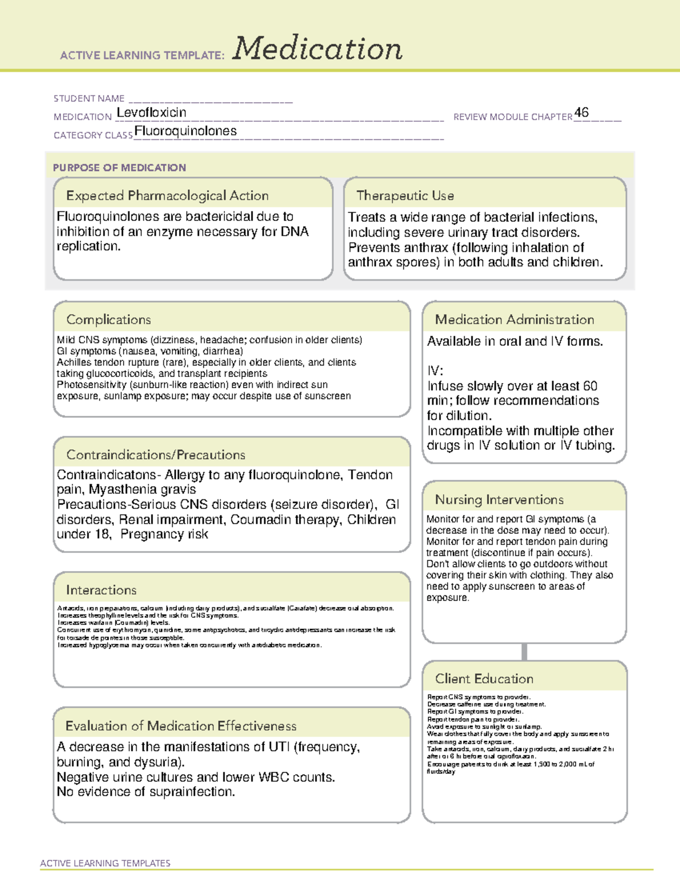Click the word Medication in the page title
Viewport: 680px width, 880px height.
pyautogui.click(x=317, y=49)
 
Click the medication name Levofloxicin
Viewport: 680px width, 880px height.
pyautogui.click(x=151, y=113)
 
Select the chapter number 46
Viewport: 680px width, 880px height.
pyautogui.click(x=581, y=112)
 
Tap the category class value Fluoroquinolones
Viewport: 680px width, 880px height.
pyautogui.click(x=185, y=131)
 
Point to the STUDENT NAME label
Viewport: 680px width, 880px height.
pyautogui.click(x=89, y=99)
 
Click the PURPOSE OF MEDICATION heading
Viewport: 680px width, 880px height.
pyautogui.click(x=119, y=168)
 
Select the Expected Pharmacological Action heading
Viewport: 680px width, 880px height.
pyautogui.click(x=167, y=195)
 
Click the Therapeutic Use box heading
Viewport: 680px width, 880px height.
pyautogui.click(x=405, y=195)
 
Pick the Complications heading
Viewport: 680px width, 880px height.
pyautogui.click(x=108, y=320)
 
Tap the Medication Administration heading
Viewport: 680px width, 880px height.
pyautogui.click(x=514, y=320)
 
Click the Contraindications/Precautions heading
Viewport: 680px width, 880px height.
pyautogui.click(x=155, y=455)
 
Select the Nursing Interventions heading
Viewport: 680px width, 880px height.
pyautogui.click(x=499, y=500)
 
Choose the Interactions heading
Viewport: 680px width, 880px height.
pyautogui.click(x=101, y=590)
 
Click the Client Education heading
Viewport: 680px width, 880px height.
pyautogui.click(x=484, y=679)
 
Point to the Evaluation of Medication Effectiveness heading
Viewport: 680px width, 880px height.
pyautogui.click(x=181, y=726)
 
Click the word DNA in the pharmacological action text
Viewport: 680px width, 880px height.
pyautogui.click(x=295, y=232)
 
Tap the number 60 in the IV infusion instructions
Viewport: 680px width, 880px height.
pyautogui.click(x=590, y=386)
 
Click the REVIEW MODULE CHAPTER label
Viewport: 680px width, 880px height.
pyautogui.click(x=512, y=117)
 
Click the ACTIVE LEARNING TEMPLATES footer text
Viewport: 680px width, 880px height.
pyautogui.click(x=105, y=863)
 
